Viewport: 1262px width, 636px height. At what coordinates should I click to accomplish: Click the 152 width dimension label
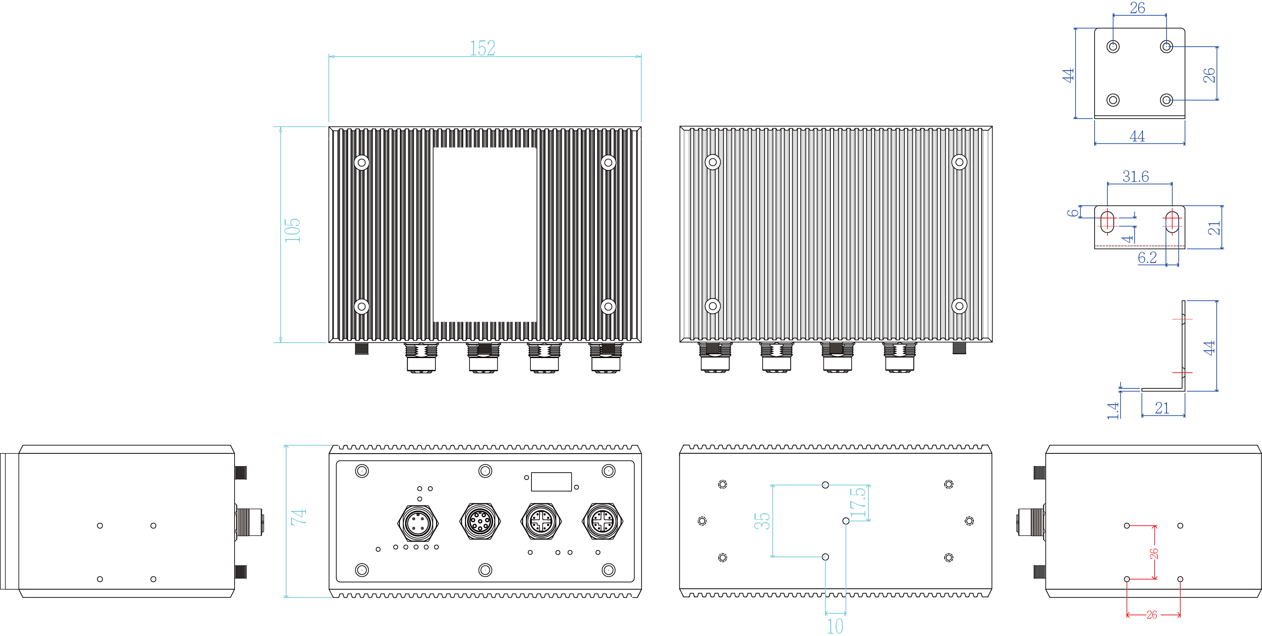click(482, 48)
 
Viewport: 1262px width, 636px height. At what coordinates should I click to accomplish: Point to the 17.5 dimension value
click(858, 503)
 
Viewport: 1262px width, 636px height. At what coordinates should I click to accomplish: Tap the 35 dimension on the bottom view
click(762, 521)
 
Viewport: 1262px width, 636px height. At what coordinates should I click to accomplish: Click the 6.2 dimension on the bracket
click(1147, 257)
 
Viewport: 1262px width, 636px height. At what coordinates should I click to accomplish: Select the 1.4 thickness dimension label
click(1113, 410)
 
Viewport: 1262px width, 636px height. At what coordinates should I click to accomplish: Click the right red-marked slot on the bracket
click(1172, 222)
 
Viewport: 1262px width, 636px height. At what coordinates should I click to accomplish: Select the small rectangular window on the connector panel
click(551, 482)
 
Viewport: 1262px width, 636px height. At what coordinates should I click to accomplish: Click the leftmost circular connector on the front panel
click(418, 522)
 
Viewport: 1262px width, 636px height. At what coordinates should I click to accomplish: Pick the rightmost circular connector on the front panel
click(602, 521)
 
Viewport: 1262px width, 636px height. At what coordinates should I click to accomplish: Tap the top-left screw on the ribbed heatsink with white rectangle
click(362, 162)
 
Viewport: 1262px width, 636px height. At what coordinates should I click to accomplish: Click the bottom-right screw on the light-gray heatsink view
click(959, 306)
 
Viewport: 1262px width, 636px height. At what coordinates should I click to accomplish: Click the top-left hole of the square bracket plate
click(1113, 47)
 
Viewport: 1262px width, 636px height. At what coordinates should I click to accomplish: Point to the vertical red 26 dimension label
click(1154, 553)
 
